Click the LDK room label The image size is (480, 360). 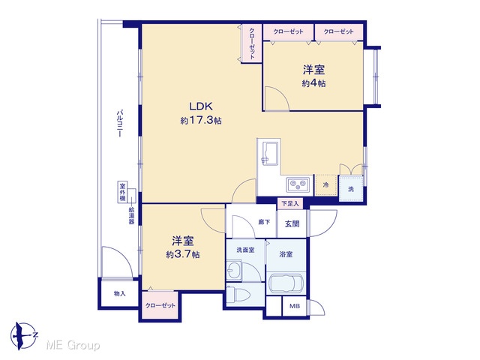click(x=201, y=106)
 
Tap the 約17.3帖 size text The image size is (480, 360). click(x=201, y=120)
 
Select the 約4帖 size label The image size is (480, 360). click(x=313, y=83)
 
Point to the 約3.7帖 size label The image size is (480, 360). click(x=183, y=254)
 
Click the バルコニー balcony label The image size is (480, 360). click(x=120, y=123)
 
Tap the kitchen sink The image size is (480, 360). click(x=270, y=154)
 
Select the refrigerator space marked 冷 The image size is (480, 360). click(x=326, y=185)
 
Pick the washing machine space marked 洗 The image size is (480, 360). click(x=351, y=189)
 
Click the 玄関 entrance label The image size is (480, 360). click(x=292, y=223)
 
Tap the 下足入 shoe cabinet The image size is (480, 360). click(x=290, y=203)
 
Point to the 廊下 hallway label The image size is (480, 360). click(x=264, y=222)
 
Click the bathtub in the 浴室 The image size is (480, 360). click(x=286, y=283)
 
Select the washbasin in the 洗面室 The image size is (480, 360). click(x=234, y=269)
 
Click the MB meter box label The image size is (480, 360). click(x=295, y=306)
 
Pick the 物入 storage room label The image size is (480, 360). click(x=120, y=293)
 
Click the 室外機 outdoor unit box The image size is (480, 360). click(x=122, y=192)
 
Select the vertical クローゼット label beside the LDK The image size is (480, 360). click(x=252, y=43)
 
